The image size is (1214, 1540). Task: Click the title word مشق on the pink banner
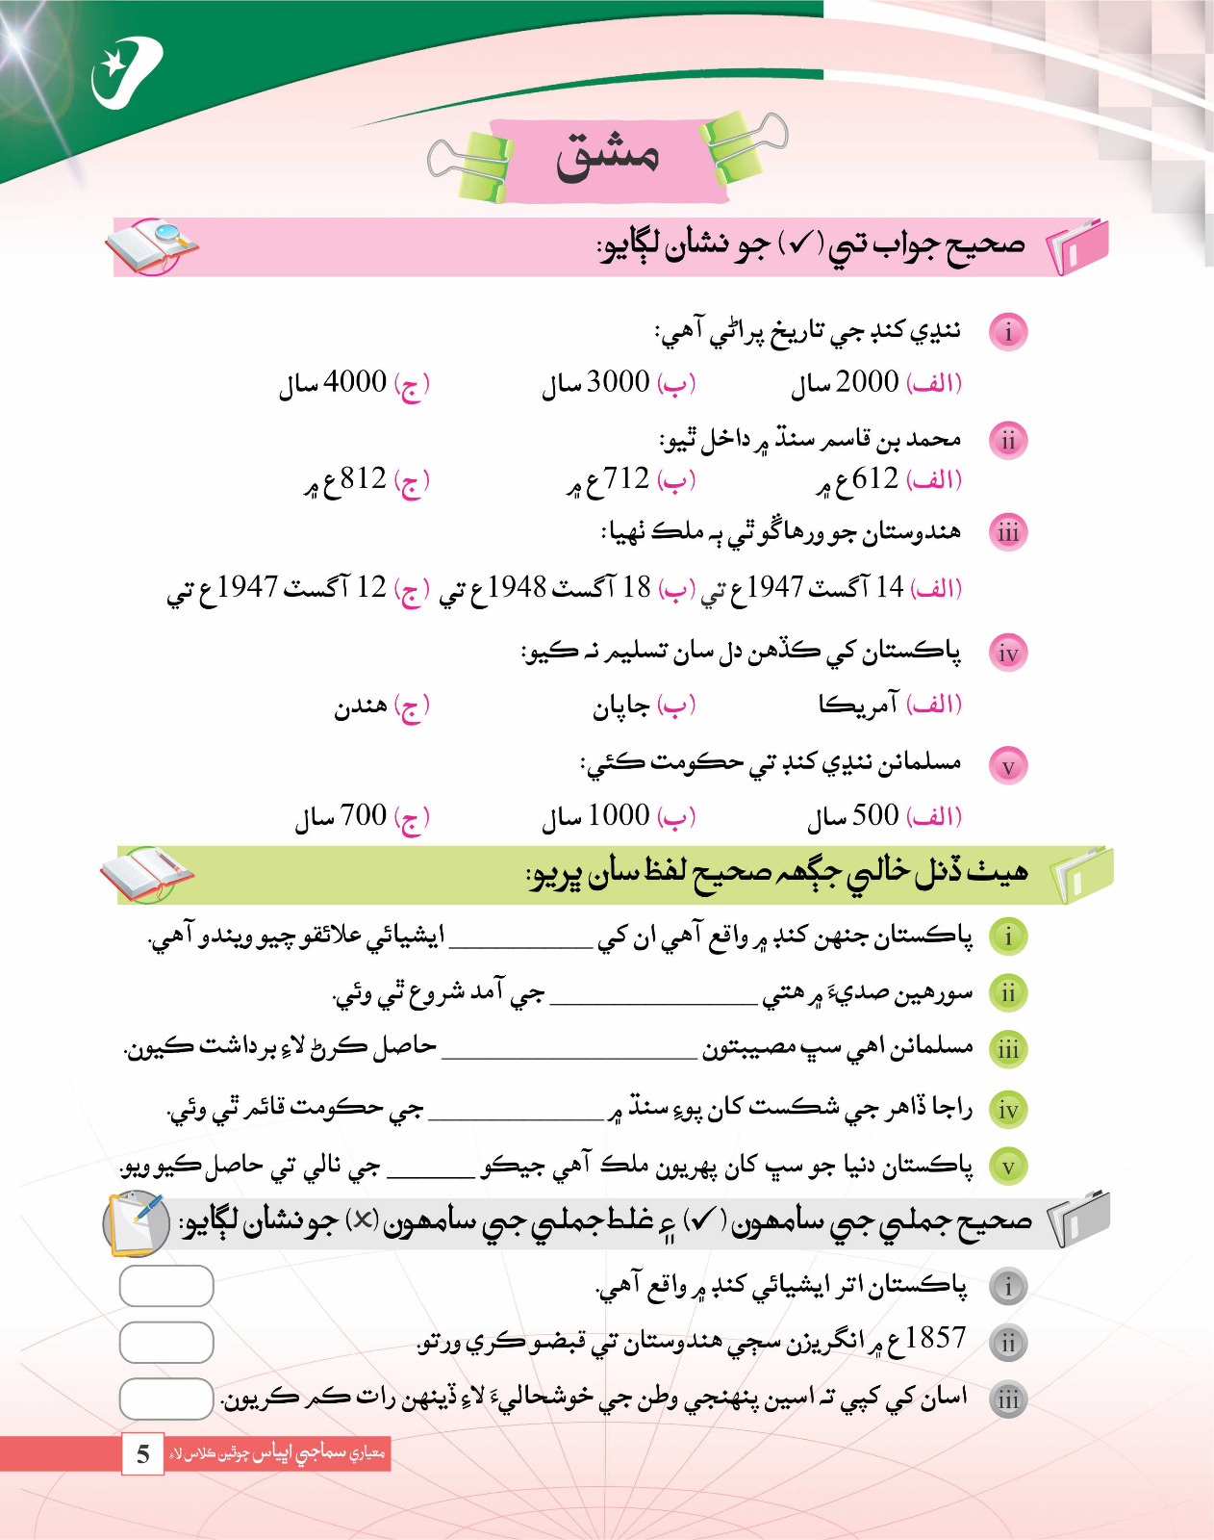(x=607, y=157)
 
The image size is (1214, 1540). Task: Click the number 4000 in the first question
(x=355, y=382)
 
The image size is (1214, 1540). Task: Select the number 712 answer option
(x=625, y=478)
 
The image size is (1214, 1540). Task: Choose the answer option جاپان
(x=621, y=707)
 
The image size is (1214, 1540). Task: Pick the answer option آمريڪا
(x=858, y=706)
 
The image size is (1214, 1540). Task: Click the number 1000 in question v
(x=619, y=815)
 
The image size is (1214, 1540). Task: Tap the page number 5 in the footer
(x=143, y=1453)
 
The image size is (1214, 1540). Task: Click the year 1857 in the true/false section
(x=935, y=1338)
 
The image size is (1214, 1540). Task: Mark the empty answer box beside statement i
(x=166, y=1286)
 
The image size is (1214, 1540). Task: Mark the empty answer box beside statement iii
(x=166, y=1399)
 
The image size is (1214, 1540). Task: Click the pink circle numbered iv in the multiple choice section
(x=1008, y=654)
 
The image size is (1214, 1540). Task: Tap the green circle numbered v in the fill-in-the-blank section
(x=1008, y=1167)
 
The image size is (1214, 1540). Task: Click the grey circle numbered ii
(x=1008, y=1343)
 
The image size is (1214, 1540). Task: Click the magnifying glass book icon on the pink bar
(x=151, y=246)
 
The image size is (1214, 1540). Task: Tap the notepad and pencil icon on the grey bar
(x=137, y=1223)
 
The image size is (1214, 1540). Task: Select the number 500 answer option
(x=875, y=815)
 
